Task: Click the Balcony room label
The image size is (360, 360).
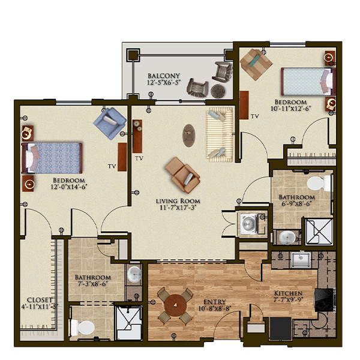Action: pyautogui.click(x=164, y=76)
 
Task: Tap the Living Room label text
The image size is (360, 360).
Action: pyautogui.click(x=178, y=202)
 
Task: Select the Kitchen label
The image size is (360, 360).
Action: pyautogui.click(x=289, y=293)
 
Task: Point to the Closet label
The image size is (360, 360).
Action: pyautogui.click(x=40, y=300)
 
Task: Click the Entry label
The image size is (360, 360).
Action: pyautogui.click(x=215, y=302)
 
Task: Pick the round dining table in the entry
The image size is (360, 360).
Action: pyautogui.click(x=176, y=305)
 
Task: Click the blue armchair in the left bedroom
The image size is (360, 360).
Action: pyautogui.click(x=110, y=123)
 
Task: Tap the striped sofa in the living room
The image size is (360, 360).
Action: pyautogui.click(x=220, y=134)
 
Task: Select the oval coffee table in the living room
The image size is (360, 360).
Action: pyautogui.click(x=189, y=136)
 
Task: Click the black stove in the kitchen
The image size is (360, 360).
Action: pyautogui.click(x=324, y=300)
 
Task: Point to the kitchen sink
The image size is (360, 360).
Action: pyautogui.click(x=301, y=260)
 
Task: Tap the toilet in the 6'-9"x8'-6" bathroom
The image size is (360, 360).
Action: pyautogui.click(x=319, y=184)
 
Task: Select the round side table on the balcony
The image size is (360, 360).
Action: pyautogui.click(x=217, y=91)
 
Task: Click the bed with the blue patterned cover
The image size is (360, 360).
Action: pyautogui.click(x=52, y=158)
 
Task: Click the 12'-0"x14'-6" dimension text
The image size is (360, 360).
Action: pyautogui.click(x=68, y=187)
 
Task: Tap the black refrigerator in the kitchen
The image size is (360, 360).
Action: pyautogui.click(x=280, y=329)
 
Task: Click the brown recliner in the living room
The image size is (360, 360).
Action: pyautogui.click(x=182, y=175)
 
